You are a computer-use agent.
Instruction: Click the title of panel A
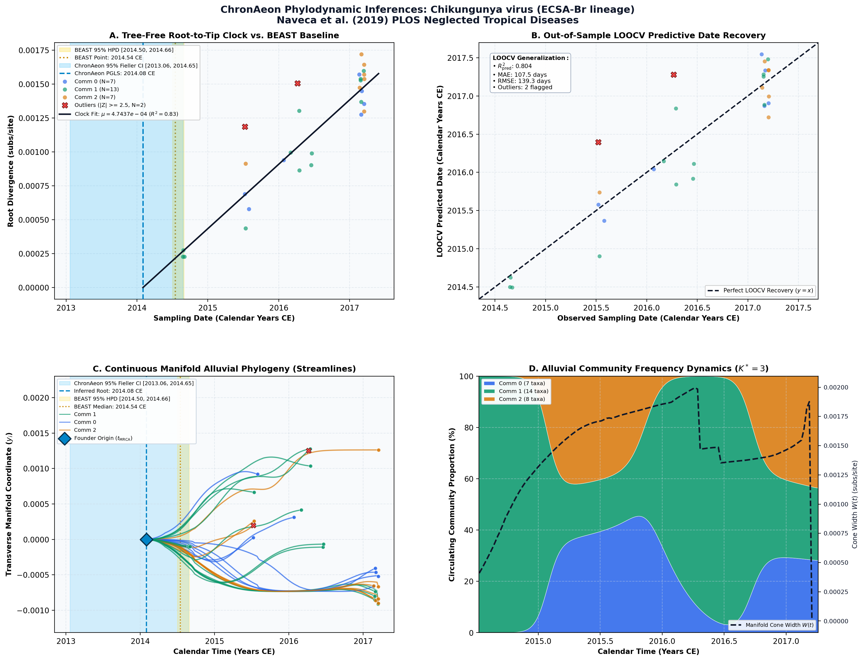click(x=224, y=36)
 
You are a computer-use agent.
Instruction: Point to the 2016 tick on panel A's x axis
click(x=279, y=308)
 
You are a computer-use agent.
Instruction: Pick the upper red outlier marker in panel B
click(x=674, y=75)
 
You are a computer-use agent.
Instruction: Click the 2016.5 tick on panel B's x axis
click(x=697, y=308)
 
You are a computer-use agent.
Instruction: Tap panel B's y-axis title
click(x=440, y=171)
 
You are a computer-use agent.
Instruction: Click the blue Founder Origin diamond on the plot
click(x=146, y=539)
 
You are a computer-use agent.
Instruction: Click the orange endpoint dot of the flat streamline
click(x=379, y=450)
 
